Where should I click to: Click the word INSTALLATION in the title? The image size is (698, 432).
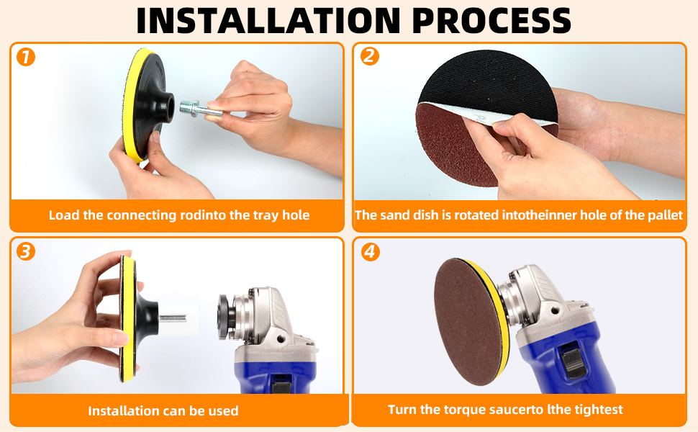268,20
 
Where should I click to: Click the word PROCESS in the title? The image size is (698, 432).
491,20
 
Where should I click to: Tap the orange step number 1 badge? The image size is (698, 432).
26,57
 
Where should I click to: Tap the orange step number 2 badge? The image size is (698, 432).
370,56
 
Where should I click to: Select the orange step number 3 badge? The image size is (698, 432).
26,251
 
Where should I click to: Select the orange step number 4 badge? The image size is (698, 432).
371,252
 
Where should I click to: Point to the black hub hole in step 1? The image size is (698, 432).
169,109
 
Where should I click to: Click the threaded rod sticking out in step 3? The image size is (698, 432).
172,318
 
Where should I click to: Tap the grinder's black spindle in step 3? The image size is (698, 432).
225,317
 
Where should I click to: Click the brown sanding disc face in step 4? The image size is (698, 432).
468,322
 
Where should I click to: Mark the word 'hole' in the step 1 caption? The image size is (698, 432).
296,215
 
